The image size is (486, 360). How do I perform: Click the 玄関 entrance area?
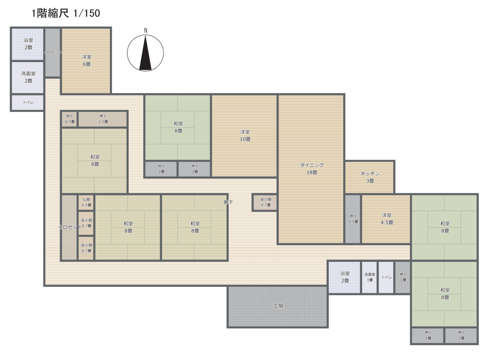[278, 306]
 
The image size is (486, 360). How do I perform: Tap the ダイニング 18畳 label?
[312, 169]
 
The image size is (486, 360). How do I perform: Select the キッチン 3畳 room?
[370, 177]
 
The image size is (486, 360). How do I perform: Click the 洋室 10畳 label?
[245, 136]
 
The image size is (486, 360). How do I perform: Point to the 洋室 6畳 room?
[86, 61]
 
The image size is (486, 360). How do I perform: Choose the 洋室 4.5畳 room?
[386, 219]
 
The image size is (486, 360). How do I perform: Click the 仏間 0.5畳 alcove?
[86, 202]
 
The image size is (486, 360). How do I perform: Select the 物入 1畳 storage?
[161, 169]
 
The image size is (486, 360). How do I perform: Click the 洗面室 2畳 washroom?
[28, 77]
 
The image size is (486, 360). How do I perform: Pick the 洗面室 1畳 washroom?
[369, 277]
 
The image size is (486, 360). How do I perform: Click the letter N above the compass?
[145, 31]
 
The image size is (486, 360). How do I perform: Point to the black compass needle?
[145, 53]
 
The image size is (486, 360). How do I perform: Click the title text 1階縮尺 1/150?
[66, 13]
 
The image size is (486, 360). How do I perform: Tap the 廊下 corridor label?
[228, 202]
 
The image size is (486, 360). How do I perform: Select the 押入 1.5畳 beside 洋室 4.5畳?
[353, 219]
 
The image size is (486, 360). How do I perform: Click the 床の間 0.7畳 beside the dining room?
[265, 202]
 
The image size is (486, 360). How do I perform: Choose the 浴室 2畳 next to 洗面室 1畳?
[344, 277]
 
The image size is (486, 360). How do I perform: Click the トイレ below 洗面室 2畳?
[28, 103]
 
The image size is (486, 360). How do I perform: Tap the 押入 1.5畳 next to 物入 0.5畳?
[103, 119]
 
